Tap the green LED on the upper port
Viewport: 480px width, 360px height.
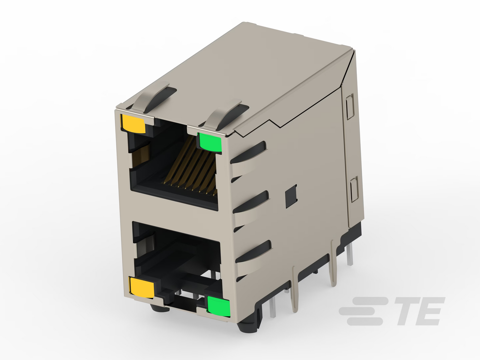tap(210, 142)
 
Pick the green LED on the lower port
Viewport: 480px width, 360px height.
tap(219, 307)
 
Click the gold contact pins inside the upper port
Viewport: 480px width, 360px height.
tap(191, 166)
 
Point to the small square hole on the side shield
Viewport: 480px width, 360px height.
tap(291, 196)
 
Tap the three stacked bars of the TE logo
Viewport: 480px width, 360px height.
tap(363, 311)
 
